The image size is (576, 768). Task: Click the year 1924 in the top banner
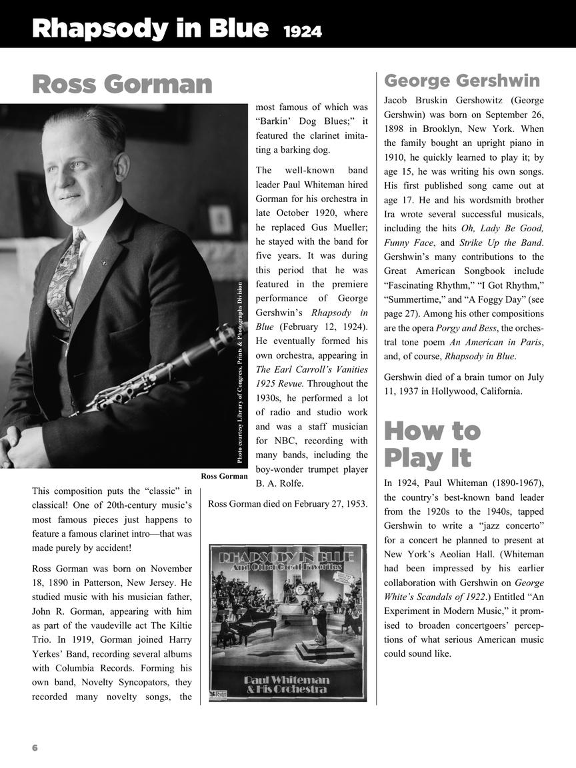click(302, 31)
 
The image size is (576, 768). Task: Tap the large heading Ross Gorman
click(122, 85)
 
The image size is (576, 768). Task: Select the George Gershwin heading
click(462, 81)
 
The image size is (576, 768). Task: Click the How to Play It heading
click(432, 445)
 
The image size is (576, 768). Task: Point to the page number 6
click(35, 748)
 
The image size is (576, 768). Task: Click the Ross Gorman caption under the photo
click(224, 476)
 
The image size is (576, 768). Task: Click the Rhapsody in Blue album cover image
click(288, 623)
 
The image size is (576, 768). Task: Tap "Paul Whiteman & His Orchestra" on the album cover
click(288, 684)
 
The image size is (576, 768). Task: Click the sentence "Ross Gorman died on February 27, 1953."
click(288, 504)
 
